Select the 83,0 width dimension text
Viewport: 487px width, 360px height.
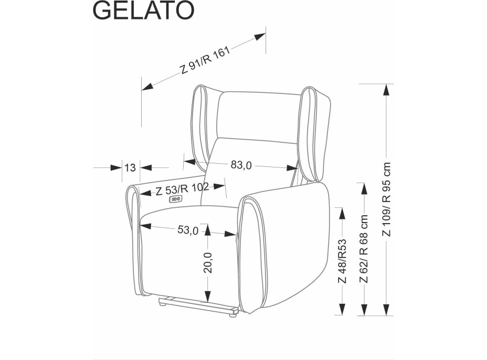pos(241,165)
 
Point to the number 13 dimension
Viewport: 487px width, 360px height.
pos(130,168)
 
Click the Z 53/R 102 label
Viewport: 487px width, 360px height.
pos(182,189)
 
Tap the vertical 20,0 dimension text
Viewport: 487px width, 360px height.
pos(208,262)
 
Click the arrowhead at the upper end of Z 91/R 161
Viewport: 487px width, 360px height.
pos(259,37)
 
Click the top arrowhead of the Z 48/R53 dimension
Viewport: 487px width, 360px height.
pos(342,213)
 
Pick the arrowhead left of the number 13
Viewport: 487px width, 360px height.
pos(115,168)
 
